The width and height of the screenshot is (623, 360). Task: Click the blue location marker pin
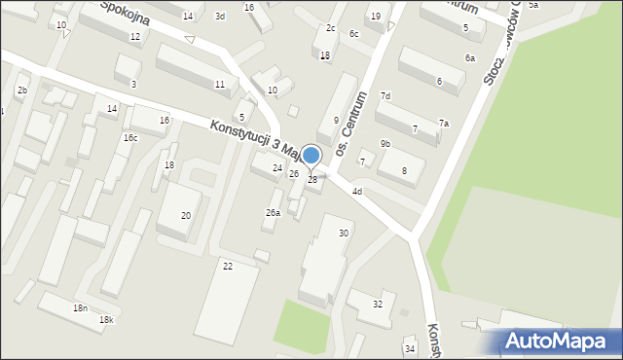click(x=311, y=156)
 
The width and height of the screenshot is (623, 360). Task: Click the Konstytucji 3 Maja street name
click(x=245, y=137)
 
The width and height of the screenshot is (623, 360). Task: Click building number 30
click(x=344, y=233)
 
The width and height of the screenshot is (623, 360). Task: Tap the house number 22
click(x=228, y=266)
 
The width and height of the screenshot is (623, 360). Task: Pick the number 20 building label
click(x=185, y=215)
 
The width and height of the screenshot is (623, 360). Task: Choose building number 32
click(x=378, y=305)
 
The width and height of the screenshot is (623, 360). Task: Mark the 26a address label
click(x=274, y=212)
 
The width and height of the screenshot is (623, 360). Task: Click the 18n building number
click(x=80, y=307)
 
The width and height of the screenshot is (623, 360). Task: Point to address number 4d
click(x=357, y=192)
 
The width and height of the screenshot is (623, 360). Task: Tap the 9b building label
click(x=385, y=144)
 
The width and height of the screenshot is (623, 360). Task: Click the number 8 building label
click(x=404, y=171)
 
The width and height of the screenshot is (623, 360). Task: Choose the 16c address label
click(x=129, y=138)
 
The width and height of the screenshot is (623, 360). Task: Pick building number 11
click(x=219, y=85)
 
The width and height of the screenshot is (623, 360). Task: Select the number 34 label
click(x=410, y=348)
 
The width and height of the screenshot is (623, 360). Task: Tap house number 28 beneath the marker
click(x=312, y=180)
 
